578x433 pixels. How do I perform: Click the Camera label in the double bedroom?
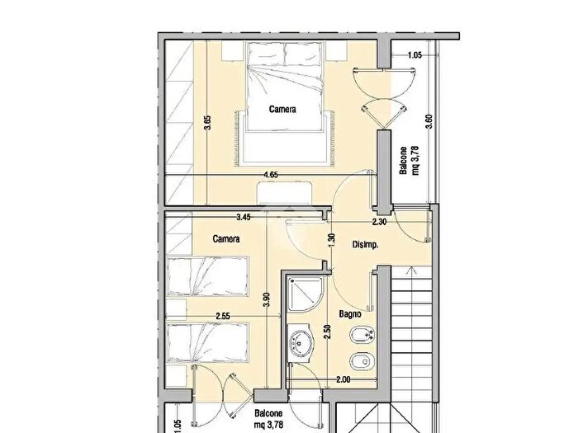coord(282,109)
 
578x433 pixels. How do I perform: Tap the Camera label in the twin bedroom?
coord(226,239)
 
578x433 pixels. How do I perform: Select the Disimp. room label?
coord(365,245)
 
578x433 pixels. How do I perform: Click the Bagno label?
coord(350,314)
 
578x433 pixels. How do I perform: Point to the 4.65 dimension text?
coord(271,175)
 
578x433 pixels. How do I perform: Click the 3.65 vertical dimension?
coord(207,123)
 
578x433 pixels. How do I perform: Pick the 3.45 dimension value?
coord(244,217)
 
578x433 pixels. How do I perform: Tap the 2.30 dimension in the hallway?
coord(379,222)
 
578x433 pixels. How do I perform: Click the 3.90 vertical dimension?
coord(268,299)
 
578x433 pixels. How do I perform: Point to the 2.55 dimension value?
coord(223,316)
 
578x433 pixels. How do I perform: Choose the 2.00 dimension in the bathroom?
coord(343,379)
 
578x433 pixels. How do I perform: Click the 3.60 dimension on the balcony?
coord(429,121)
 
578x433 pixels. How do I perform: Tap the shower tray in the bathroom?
coord(306,294)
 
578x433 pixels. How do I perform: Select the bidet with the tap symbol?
coord(362,335)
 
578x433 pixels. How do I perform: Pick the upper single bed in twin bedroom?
coord(206,276)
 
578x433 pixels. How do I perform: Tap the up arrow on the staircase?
coord(411,272)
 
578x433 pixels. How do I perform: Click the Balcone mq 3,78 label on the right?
coord(409,161)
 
